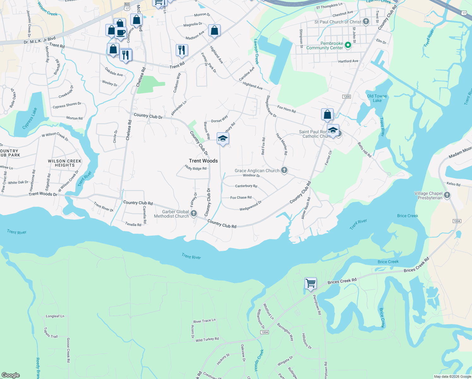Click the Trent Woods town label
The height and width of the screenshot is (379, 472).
[203, 161]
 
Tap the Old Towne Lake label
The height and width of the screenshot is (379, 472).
[377, 98]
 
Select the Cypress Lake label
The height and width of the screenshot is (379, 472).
[30, 118]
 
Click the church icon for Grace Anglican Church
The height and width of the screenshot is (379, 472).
[284, 171]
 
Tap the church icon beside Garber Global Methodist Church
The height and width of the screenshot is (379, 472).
[194, 214]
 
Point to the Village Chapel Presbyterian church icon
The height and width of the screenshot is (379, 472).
[447, 195]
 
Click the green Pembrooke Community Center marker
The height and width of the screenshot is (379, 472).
[348, 45]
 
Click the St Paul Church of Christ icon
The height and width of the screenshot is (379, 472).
[366, 21]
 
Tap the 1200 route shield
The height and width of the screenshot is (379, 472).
[346, 97]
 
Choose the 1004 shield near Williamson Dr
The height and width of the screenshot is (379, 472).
[264, 332]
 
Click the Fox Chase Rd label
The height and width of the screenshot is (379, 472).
[241, 197]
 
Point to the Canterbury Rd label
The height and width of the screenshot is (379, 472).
[246, 186]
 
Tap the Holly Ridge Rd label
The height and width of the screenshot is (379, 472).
[196, 168]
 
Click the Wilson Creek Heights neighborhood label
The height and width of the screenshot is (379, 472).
[65, 163]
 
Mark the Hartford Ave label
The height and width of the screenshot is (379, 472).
[348, 61]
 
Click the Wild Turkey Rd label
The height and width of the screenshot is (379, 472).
[207, 340]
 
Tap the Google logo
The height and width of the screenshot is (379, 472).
[10, 375]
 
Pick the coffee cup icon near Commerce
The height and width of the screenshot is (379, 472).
[121, 32]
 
